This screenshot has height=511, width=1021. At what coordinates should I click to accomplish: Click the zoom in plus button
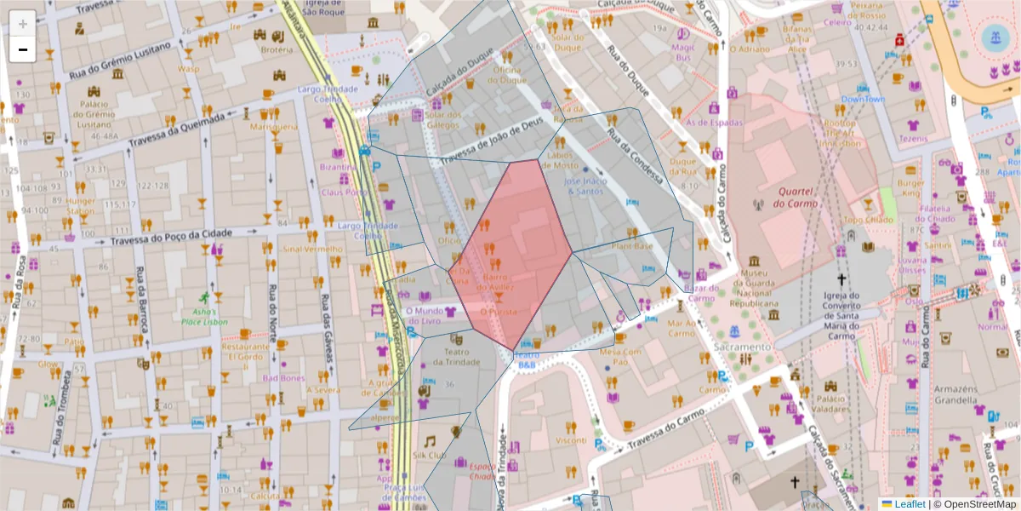click(x=22, y=23)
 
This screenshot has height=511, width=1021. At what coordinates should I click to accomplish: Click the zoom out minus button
click(x=22, y=49)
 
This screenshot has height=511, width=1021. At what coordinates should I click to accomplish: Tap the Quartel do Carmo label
click(x=796, y=197)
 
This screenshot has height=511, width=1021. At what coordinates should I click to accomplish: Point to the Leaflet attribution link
click(x=909, y=504)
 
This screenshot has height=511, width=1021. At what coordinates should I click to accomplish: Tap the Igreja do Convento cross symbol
click(x=841, y=278)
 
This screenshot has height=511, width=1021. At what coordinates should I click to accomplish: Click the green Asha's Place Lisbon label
click(x=204, y=316)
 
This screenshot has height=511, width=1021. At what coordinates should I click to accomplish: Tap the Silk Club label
click(x=429, y=455)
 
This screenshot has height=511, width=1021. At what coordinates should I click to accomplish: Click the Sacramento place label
click(x=742, y=347)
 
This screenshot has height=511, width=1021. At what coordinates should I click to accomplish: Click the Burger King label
click(x=910, y=188)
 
